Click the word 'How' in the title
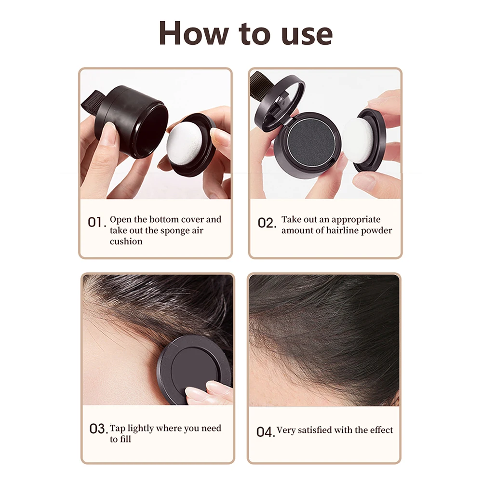coord(187,34)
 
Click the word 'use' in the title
coord(307,35)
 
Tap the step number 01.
coord(96,223)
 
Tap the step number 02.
coord(266,223)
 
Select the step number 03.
coord(98,428)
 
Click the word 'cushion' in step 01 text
coord(126,241)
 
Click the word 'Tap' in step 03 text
coord(117,428)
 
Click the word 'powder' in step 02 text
coord(378,230)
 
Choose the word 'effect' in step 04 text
coord(380,430)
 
